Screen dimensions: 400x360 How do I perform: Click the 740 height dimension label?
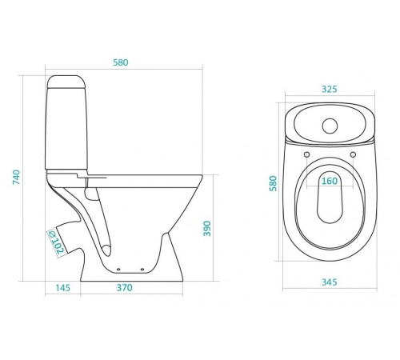[x=16, y=177]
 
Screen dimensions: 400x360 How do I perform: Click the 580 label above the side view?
[x=121, y=62]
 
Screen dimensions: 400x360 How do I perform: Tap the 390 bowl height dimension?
[x=207, y=229]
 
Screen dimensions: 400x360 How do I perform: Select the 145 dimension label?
[x=63, y=288]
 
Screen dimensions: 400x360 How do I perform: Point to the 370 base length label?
[x=125, y=288]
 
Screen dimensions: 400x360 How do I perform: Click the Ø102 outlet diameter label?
[x=56, y=242]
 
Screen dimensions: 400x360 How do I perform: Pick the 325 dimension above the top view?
[x=330, y=89]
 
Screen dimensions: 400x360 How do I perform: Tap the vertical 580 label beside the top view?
[x=273, y=183]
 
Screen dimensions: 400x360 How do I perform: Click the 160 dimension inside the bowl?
[x=330, y=181]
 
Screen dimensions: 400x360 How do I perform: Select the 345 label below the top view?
[x=330, y=282]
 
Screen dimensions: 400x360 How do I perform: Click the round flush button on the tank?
[x=330, y=126]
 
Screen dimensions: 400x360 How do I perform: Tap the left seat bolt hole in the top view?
[x=307, y=154]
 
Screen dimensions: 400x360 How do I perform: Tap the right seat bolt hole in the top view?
[x=353, y=154]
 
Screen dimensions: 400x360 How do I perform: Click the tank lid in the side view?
[x=66, y=82]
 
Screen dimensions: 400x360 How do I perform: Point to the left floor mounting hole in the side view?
[x=118, y=270]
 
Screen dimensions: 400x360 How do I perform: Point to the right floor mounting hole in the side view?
[x=142, y=270]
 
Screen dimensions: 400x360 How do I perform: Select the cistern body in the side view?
[x=66, y=129]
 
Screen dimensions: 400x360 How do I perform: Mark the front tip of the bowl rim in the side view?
[x=202, y=175]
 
